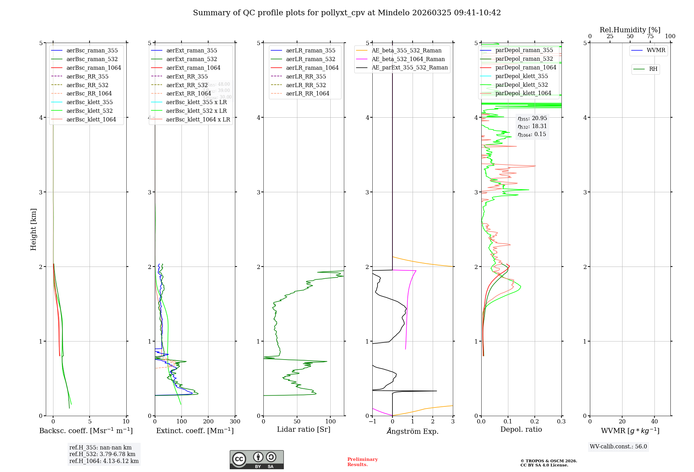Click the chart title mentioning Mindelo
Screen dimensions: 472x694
[347, 13]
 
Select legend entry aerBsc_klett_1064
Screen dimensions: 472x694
[91, 119]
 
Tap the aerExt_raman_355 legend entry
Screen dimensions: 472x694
[192, 51]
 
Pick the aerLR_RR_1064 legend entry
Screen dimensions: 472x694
[307, 93]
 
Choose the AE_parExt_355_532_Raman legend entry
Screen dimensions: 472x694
[409, 67]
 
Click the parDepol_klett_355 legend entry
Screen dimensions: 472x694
[522, 76]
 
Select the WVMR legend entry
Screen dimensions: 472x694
[656, 50]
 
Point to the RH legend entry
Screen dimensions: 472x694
[653, 69]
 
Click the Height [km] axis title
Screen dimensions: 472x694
[33, 229]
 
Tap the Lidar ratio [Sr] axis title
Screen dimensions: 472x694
[304, 429]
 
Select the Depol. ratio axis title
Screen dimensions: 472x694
[521, 429]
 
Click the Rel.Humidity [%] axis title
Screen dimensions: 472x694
[630, 30]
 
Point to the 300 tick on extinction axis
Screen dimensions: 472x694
[235, 422]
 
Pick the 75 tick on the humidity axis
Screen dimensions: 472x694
[650, 36]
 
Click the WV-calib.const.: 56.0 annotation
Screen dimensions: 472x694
[618, 447]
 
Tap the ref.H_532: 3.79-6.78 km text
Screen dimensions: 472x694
[102, 454]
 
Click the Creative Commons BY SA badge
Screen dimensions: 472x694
[256, 460]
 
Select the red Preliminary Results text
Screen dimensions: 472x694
[362, 462]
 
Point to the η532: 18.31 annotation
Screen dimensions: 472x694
[532, 126]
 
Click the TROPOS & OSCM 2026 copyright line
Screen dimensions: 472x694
[549, 461]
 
